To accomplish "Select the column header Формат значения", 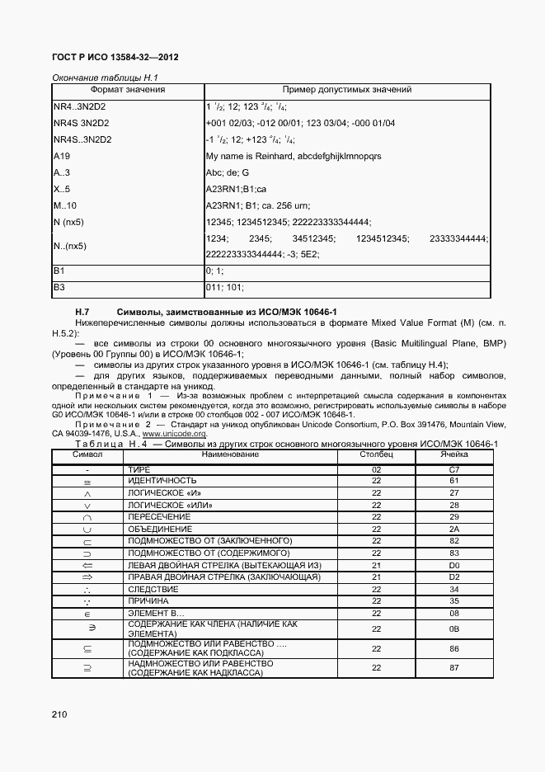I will click(x=127, y=90).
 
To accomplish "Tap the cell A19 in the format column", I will click(x=61, y=156).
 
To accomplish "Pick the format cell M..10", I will click(x=64, y=205).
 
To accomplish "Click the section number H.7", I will click(x=82, y=311).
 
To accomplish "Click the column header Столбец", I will click(x=376, y=454).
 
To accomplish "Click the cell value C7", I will click(x=453, y=468).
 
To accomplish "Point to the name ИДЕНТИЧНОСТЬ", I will click(x=162, y=480).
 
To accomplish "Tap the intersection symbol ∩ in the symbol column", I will click(x=87, y=517).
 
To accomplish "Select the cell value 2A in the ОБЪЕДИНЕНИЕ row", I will click(x=453, y=529).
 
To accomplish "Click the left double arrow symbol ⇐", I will click(x=87, y=565).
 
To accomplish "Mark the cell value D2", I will click(x=453, y=577).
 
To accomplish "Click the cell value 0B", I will click(x=453, y=628).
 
